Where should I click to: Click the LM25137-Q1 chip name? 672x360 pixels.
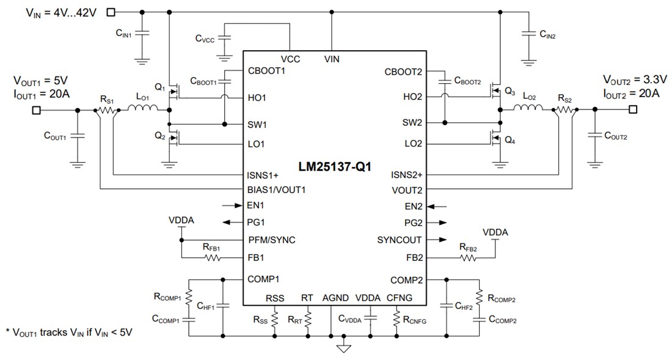pyautogui.click(x=335, y=167)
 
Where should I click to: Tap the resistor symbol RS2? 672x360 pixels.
pyautogui.click(x=565, y=109)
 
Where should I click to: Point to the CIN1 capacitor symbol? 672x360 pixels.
pyautogui.click(x=142, y=34)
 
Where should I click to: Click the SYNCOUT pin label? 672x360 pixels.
pyautogui.click(x=399, y=240)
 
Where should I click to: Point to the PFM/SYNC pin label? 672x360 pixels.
pyautogui.click(x=271, y=240)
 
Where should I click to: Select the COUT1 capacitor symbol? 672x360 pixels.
pyautogui.click(x=78, y=136)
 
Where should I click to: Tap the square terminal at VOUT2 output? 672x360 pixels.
pyautogui.click(x=632, y=109)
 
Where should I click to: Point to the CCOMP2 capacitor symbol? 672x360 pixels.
pyautogui.click(x=480, y=319)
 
